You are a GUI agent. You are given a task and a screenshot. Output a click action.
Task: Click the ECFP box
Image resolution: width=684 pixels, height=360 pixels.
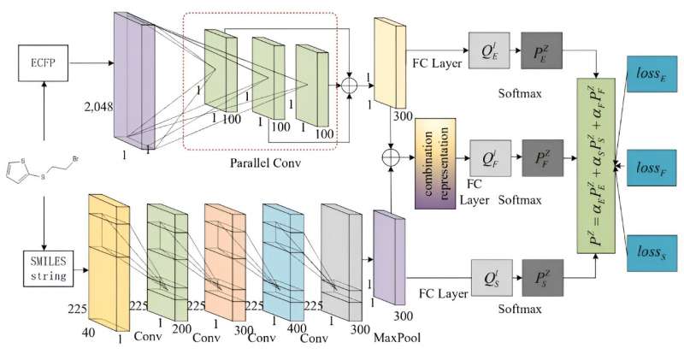43,62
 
